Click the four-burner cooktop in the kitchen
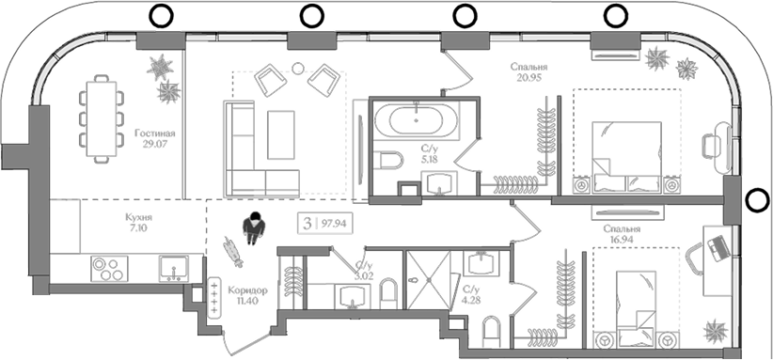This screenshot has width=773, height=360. pos(107,269)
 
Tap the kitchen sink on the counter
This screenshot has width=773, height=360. pos(173,269)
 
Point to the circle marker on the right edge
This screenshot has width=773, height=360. pos(758,199)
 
